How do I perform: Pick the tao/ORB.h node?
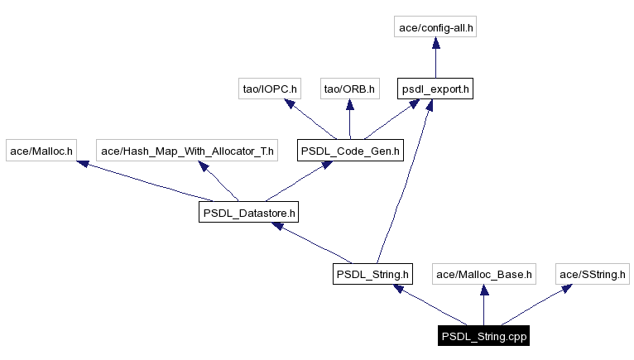(349, 89)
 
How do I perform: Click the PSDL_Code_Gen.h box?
(350, 151)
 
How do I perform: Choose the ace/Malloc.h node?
(41, 151)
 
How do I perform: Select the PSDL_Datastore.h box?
(248, 213)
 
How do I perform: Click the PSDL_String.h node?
(372, 274)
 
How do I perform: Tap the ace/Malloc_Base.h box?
(484, 274)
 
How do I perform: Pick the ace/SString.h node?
(593, 274)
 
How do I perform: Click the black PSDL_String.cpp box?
(484, 336)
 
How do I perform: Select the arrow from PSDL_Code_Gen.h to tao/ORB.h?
(350, 120)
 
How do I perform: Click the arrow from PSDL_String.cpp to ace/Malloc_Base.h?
(484, 305)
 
